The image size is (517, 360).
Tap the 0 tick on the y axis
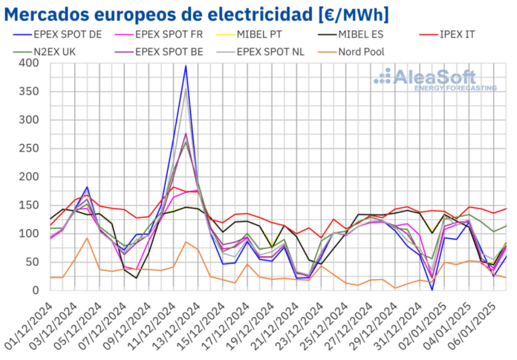(39, 290)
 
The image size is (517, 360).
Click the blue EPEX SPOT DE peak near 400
(186, 66)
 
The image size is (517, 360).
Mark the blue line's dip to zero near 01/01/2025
(432, 289)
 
